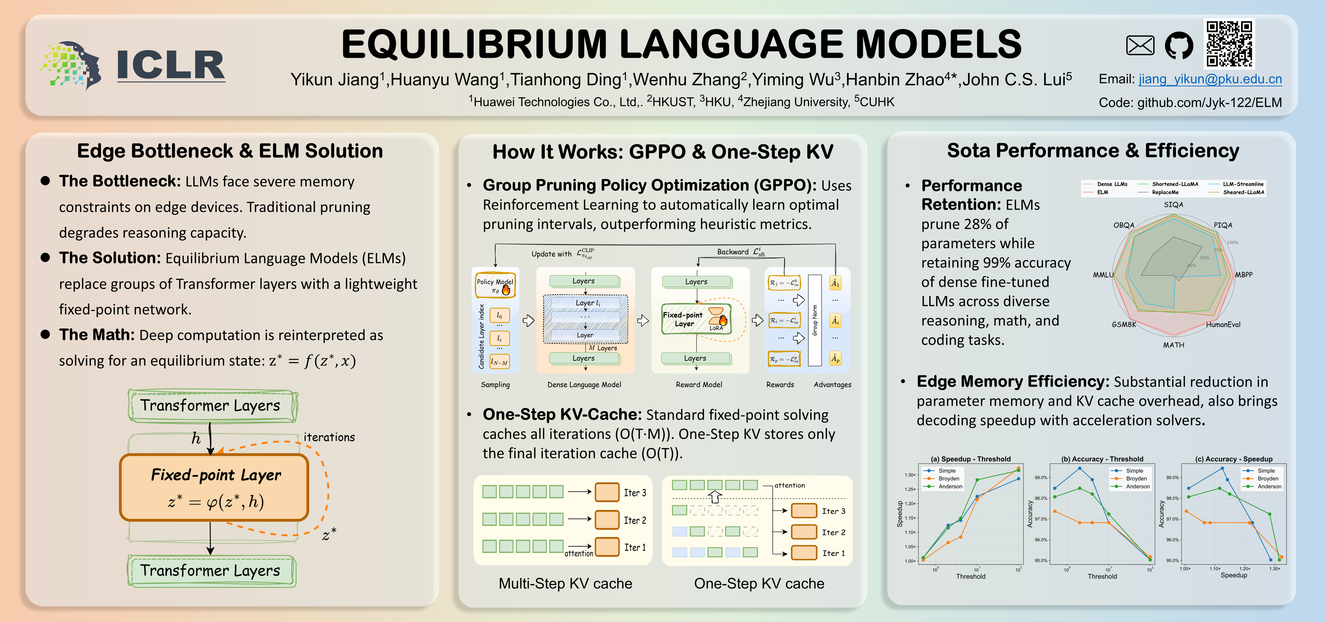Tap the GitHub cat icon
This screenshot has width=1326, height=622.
1179,45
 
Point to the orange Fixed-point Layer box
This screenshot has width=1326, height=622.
214,487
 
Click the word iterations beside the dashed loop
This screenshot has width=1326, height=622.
329,437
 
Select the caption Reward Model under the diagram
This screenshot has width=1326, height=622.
698,385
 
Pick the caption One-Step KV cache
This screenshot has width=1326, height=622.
759,583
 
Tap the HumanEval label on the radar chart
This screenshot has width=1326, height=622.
1223,324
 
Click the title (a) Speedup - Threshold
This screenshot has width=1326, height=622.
970,459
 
